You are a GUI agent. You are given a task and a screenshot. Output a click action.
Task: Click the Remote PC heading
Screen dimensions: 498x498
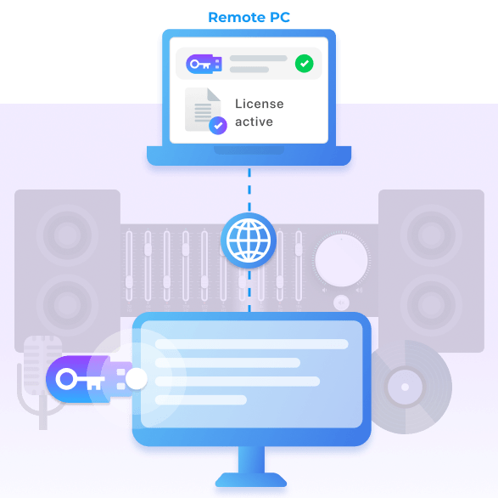coord(249,17)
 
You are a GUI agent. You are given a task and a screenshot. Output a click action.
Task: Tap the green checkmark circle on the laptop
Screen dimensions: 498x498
coord(304,64)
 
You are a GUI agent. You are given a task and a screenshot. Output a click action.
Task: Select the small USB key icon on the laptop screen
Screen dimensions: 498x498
coord(204,64)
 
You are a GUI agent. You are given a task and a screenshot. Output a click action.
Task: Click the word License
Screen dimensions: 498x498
coord(259,104)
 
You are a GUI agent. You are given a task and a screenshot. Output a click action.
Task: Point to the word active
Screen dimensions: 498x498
coord(254,122)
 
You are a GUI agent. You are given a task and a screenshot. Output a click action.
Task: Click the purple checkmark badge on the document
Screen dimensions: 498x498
coord(218,126)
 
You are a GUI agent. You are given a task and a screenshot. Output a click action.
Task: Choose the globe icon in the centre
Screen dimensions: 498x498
coord(249,241)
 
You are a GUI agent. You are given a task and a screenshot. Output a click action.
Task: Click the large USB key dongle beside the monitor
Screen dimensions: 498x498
coord(90,379)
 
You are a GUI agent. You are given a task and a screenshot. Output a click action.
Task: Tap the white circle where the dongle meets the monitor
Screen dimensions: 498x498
coord(137,379)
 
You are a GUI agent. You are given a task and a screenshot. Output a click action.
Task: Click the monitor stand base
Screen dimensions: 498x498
coord(251,480)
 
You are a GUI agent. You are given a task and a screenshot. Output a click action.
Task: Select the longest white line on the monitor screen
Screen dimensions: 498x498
coord(251,344)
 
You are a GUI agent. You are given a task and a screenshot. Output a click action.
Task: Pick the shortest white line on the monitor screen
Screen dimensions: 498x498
coord(201,399)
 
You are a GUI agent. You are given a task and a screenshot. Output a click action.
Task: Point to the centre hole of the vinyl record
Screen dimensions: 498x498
coord(405,387)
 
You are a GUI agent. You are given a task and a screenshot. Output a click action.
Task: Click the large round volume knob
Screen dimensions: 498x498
coord(341,260)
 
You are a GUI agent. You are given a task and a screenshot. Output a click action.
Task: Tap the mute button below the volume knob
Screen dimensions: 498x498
coord(341,303)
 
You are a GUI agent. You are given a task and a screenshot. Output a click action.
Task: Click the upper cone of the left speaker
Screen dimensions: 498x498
coord(67,235)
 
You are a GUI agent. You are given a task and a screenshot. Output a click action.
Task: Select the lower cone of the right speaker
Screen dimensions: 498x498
coord(431,305)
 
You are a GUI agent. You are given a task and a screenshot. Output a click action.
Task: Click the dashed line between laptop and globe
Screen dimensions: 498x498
coord(249,190)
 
